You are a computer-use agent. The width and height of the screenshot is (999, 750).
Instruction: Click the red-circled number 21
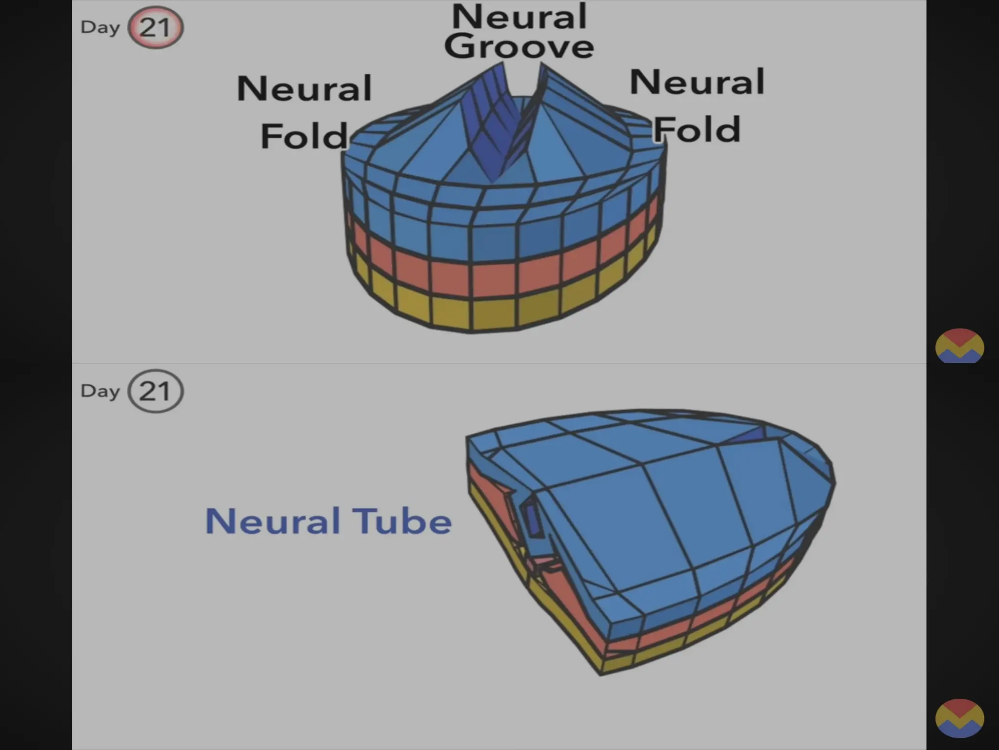point(155,27)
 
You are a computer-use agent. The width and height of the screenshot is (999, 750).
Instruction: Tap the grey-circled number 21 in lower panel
point(155,391)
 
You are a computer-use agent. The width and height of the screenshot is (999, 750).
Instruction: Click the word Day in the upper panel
point(100,27)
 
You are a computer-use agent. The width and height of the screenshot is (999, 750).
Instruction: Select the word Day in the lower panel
point(100,391)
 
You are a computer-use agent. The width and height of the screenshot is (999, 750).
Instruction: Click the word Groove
point(519,47)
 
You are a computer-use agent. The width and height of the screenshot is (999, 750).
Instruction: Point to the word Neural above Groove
point(519,17)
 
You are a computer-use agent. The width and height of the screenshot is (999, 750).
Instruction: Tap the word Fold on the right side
point(697,130)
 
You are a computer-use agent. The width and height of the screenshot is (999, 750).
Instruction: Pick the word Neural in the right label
point(697,82)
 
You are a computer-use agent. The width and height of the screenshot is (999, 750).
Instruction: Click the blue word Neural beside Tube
point(273,521)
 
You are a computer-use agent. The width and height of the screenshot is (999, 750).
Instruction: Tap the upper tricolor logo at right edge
point(959,346)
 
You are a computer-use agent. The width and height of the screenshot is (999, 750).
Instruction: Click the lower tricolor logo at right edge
point(959,718)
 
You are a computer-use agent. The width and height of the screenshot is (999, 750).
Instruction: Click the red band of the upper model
point(493,280)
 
